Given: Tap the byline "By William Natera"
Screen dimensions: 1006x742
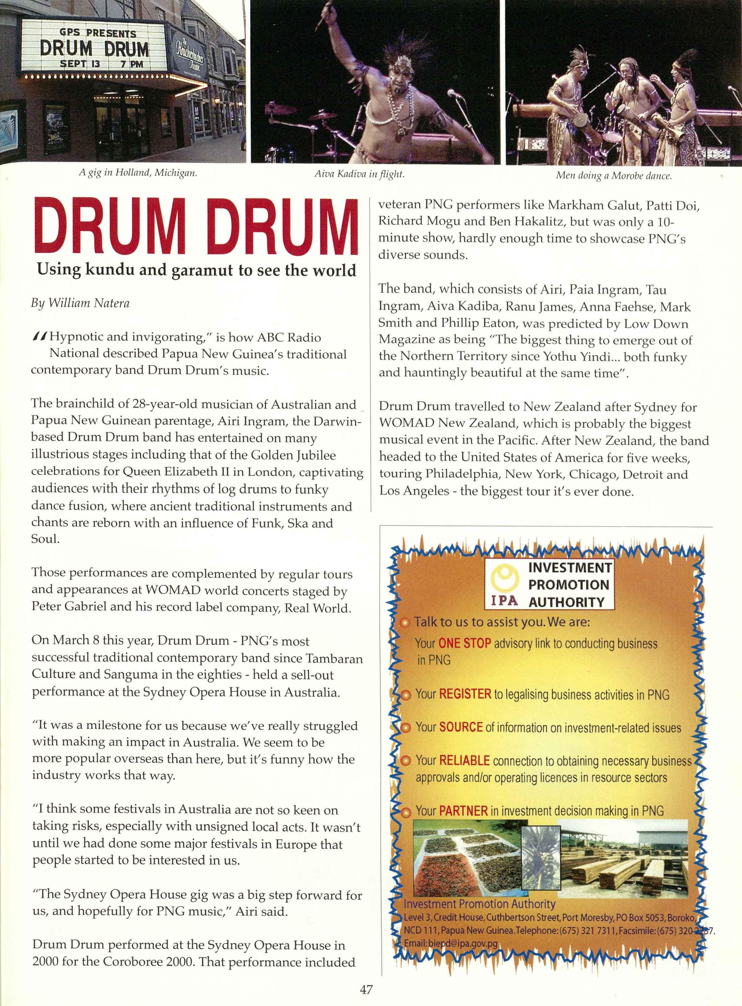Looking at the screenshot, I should pyautogui.click(x=80, y=303).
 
